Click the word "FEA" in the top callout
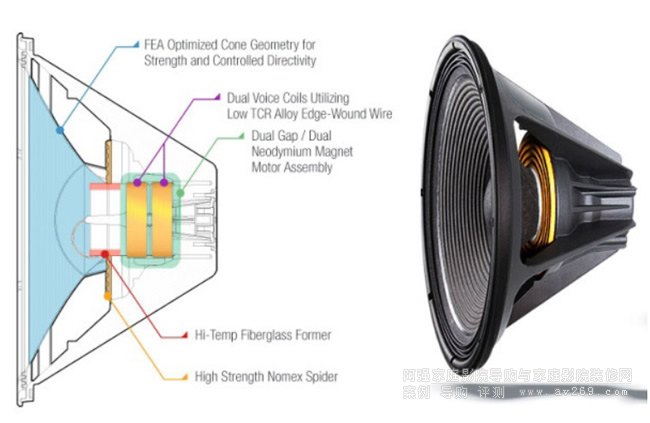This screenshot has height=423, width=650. point(155,44)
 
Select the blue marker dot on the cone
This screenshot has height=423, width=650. point(60,130)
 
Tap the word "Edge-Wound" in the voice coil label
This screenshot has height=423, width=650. point(334,114)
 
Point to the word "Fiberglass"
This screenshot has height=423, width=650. point(282,333)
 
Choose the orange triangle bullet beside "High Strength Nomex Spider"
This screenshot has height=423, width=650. point(184,376)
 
